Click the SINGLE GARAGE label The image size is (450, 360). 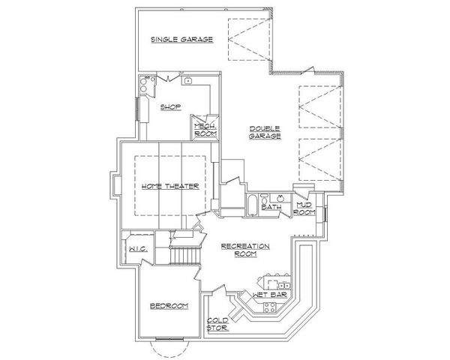coord(181,39)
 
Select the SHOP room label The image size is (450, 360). coord(171,106)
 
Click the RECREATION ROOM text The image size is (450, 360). coord(244,250)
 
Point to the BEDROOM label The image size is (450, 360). coord(168,306)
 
